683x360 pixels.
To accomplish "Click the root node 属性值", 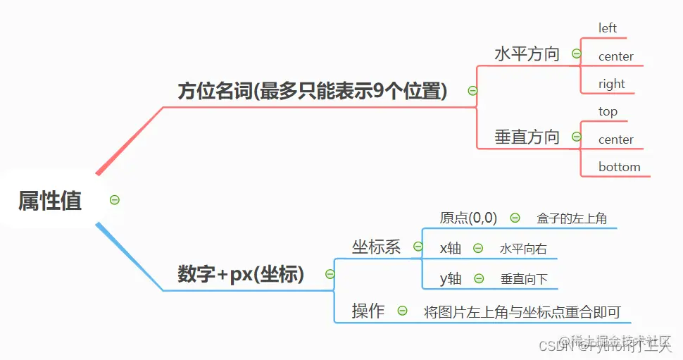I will (x=49, y=201).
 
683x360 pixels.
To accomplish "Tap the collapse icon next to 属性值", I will (x=115, y=200).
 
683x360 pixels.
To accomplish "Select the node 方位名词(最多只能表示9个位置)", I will (x=312, y=91).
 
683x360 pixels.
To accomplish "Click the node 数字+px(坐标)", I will (x=241, y=274).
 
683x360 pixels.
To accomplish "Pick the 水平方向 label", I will (x=527, y=54).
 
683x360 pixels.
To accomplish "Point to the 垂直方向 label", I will (x=527, y=137).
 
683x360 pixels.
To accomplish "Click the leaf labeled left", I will (x=607, y=28).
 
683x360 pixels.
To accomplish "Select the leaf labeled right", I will (x=611, y=84).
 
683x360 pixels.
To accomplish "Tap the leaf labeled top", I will (x=608, y=111).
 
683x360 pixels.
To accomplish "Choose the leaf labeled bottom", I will (x=619, y=167).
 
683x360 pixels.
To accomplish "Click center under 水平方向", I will (x=615, y=56).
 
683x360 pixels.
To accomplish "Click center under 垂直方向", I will (x=615, y=139).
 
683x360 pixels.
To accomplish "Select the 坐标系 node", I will (x=376, y=247).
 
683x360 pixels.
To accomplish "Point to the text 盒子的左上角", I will (x=571, y=218).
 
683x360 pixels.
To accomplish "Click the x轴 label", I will (x=451, y=248).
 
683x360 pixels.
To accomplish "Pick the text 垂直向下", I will (x=524, y=279).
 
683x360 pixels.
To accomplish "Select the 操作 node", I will (x=368, y=311).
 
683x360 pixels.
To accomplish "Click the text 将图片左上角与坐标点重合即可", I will (x=522, y=311).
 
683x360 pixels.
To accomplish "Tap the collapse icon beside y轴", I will (x=480, y=279).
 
